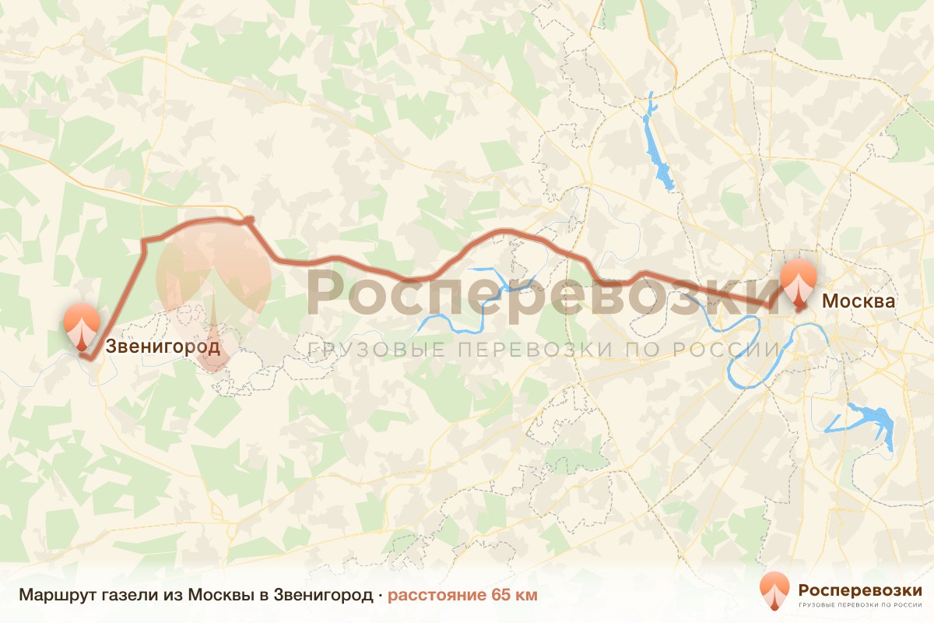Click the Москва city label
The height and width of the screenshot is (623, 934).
pos(859,301)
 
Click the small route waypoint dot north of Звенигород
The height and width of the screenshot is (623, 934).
pos(248,221)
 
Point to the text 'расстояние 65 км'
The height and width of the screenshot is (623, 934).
pos(462,595)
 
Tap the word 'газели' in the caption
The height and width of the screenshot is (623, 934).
pos(115,595)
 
